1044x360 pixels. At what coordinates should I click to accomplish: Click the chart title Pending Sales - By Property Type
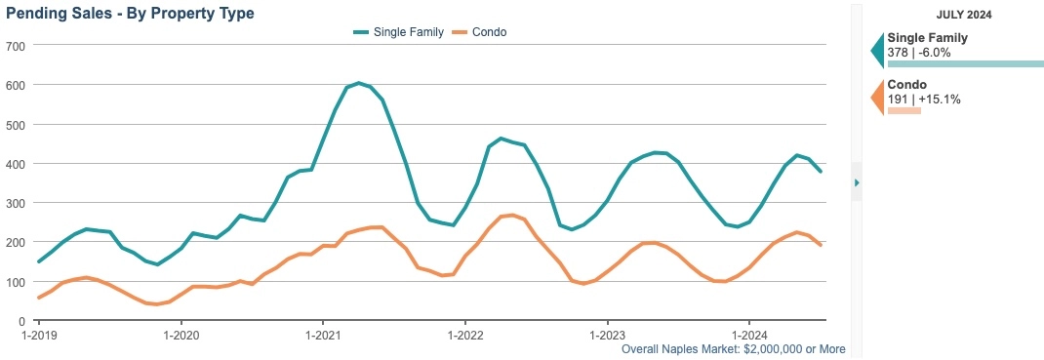pos(130,14)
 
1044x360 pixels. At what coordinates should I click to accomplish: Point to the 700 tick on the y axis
pos(15,46)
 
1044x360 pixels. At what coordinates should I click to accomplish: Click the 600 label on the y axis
pos(15,85)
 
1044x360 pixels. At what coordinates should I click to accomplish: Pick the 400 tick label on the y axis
pos(15,164)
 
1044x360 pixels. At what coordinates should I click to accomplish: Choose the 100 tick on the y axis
pos(15,282)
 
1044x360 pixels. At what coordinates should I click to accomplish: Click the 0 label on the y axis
pos(20,321)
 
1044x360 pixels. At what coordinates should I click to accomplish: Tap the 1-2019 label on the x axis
pos(39,335)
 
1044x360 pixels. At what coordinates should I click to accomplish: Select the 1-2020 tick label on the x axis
pos(181,335)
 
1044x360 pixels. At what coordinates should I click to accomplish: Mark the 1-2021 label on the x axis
pos(323,335)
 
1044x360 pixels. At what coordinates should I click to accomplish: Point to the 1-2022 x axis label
pos(465,335)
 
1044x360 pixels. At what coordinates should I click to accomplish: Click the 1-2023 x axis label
pos(607,335)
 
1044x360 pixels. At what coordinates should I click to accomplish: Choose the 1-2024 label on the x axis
pos(748,335)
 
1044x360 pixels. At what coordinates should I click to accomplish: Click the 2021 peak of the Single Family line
pos(358,83)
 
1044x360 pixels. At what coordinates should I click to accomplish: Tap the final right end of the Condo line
pos(821,245)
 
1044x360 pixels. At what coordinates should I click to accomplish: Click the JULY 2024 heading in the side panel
pos(964,15)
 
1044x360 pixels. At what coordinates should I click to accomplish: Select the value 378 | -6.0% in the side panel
pos(919,53)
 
